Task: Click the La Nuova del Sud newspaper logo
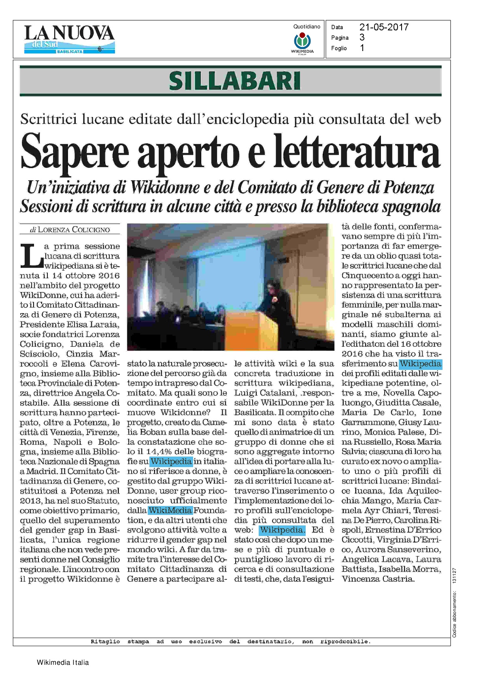coord(69,39)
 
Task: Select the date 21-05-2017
coord(384,27)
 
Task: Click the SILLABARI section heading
coord(234,81)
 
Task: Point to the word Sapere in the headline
coord(74,152)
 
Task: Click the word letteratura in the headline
coord(357,152)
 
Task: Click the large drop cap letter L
coord(31,256)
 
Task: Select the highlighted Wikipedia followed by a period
coord(282,530)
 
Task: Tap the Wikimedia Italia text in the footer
coord(63,663)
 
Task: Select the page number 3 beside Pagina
coord(362,38)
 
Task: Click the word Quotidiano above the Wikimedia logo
coord(306,27)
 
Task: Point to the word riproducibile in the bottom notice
coord(345,642)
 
